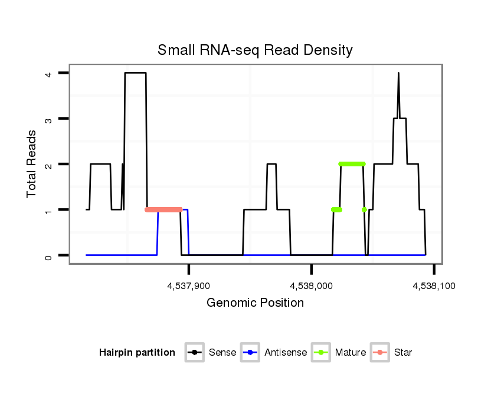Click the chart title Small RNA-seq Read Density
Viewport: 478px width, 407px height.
point(255,50)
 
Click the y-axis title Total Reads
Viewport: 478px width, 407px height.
point(32,164)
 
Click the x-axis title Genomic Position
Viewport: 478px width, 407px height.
point(255,303)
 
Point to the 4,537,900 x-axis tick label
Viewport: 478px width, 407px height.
point(188,285)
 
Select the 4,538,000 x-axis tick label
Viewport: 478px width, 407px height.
point(311,285)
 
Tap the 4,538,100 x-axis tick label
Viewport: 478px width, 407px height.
point(433,285)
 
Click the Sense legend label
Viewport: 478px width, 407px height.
point(222,353)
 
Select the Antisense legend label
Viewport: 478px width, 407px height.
point(286,353)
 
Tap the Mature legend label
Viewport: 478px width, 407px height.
point(350,353)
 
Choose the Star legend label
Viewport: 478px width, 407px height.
point(402,353)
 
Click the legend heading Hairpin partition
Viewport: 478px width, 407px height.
point(137,353)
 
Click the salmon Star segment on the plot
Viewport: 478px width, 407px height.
point(163,209)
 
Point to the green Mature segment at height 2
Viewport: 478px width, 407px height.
point(352,164)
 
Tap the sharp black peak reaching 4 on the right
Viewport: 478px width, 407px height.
point(398,74)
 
